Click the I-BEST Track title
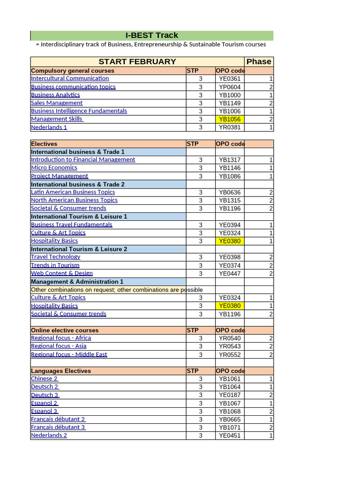(x=152, y=36)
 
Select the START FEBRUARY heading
(x=137, y=62)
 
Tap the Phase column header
(x=259, y=62)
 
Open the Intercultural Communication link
(x=70, y=78)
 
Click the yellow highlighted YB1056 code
(x=230, y=119)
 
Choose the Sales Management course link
(x=57, y=103)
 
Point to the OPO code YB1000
(x=230, y=95)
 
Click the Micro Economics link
(x=54, y=167)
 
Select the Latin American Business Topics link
(x=73, y=192)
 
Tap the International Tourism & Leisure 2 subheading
(x=79, y=249)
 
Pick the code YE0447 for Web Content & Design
(x=230, y=273)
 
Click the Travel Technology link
(x=55, y=257)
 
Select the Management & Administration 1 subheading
(x=77, y=281)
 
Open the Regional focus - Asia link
(x=59, y=346)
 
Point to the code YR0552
(x=230, y=354)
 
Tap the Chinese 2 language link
(x=45, y=379)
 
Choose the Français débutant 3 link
(x=58, y=427)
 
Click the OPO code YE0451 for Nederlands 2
(x=230, y=435)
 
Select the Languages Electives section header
(x=61, y=371)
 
